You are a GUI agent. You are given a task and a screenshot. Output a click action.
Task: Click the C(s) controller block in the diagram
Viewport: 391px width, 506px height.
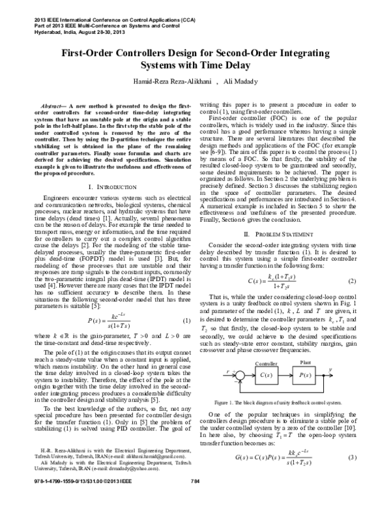265,375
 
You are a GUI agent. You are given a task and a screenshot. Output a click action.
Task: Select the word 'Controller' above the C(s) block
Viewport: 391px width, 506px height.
265,362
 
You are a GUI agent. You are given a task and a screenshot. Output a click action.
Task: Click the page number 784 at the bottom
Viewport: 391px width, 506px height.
194,499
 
